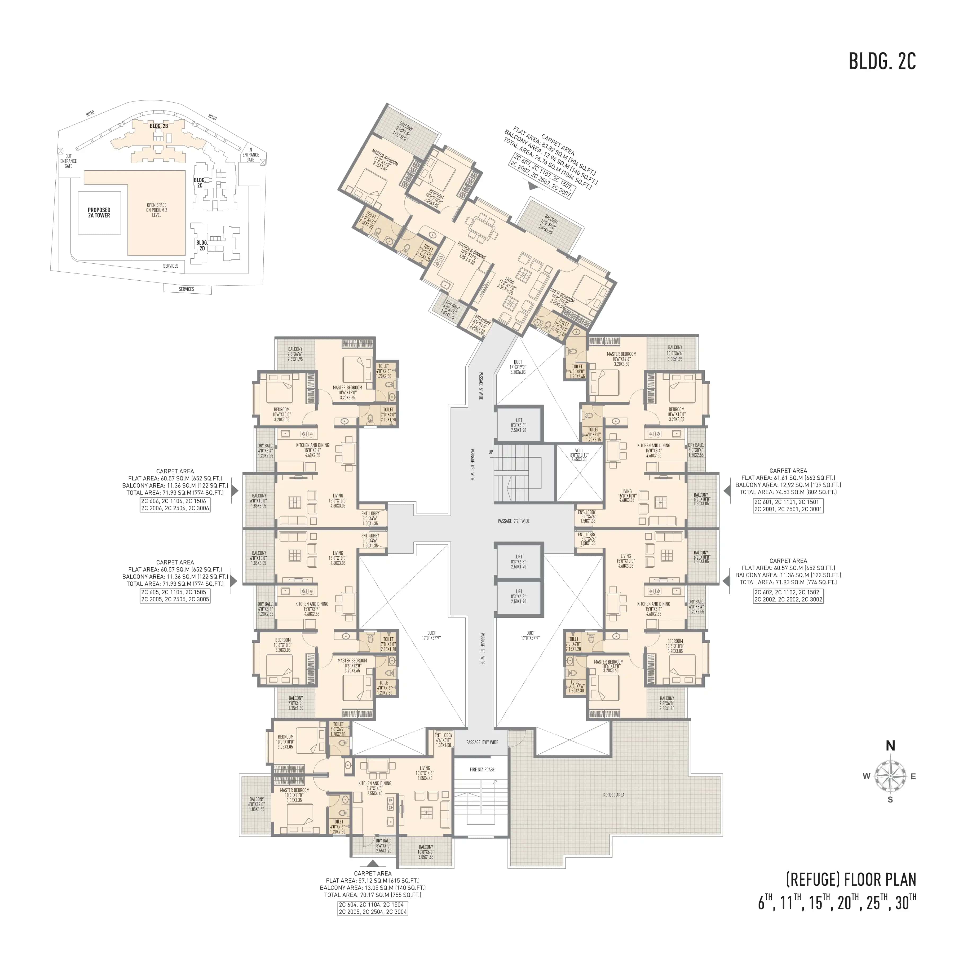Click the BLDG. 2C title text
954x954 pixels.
(882, 61)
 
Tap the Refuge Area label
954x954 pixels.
(613, 795)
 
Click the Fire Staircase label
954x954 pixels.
(482, 769)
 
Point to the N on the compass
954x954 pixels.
(890, 746)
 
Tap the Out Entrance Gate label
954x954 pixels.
(69, 161)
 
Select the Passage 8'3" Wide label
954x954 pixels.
(472, 465)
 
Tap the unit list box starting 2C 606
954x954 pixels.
(175, 504)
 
